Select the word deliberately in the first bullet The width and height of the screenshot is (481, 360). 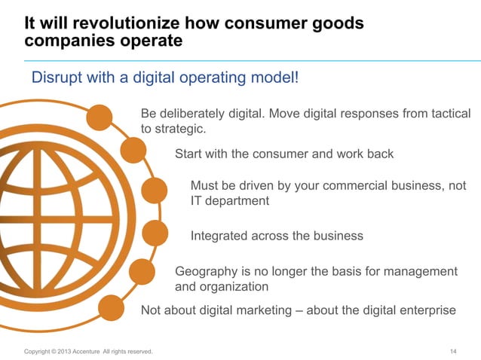(x=193, y=114)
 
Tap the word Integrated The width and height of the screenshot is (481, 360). (x=222, y=236)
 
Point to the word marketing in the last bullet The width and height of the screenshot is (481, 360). (x=264, y=310)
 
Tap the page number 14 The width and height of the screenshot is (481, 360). (x=453, y=351)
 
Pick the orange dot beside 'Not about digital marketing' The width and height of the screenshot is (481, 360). (x=112, y=307)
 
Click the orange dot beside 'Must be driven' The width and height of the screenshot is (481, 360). (x=154, y=191)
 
